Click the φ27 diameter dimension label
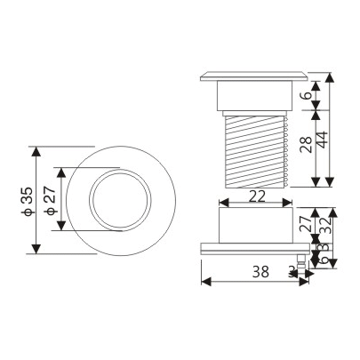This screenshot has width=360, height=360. [x=51, y=200]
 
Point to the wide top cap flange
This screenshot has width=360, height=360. [x=254, y=76]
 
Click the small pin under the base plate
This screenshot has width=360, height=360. [x=302, y=260]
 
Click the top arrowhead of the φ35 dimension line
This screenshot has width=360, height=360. [x=36, y=150]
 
